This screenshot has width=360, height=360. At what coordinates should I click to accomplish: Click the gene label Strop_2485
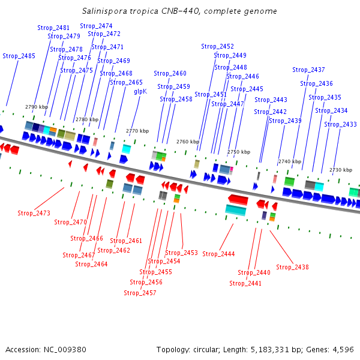pyautogui.click(x=19, y=56)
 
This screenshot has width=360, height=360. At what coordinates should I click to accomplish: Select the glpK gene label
pyautogui.click(x=140, y=92)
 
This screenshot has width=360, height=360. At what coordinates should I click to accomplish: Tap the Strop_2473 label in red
pyautogui.click(x=34, y=213)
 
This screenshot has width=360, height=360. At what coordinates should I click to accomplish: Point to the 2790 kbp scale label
pyautogui.click(x=37, y=107)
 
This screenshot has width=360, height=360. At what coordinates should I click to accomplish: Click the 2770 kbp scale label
pyautogui.click(x=137, y=131)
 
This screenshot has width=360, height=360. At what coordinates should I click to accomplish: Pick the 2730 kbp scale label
pyautogui.click(x=341, y=170)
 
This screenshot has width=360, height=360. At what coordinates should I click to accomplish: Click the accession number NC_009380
pyautogui.click(x=65, y=350)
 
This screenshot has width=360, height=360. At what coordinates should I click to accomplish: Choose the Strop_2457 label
pyautogui.click(x=140, y=293)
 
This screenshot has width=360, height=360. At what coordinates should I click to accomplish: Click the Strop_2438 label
pyautogui.click(x=292, y=267)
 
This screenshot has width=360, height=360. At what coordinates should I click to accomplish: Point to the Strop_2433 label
pyautogui.click(x=340, y=124)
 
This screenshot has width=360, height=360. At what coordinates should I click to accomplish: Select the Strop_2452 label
pyautogui.click(x=217, y=46)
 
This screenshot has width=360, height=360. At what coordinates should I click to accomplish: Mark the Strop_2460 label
pyautogui.click(x=170, y=73)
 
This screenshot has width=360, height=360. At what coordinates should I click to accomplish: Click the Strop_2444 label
pyautogui.click(x=218, y=254)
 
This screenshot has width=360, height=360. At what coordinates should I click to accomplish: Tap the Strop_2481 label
pyautogui.click(x=53, y=28)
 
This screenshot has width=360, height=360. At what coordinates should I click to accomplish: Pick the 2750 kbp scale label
pyautogui.click(x=239, y=152)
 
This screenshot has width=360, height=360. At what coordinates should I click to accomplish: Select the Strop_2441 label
pyautogui.click(x=245, y=283)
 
